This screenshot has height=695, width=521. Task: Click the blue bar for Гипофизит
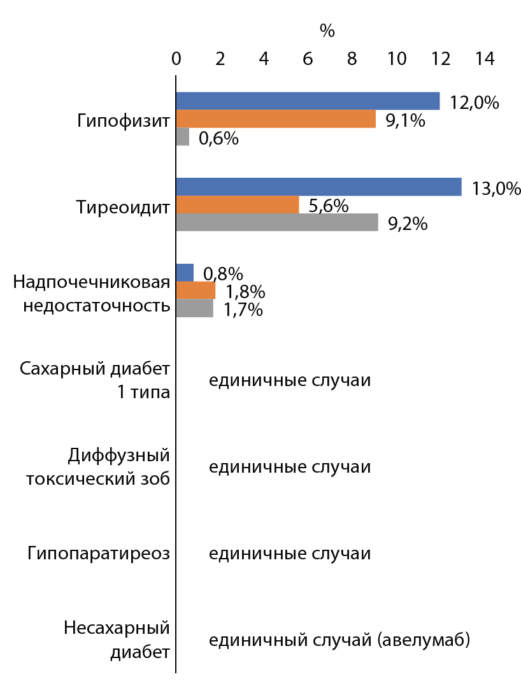[308, 101]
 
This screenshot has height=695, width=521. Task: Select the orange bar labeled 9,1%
[276, 119]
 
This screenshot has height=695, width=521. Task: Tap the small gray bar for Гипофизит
[183, 137]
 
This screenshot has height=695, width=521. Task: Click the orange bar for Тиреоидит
[238, 204]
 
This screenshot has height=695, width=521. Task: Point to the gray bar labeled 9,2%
[277, 222]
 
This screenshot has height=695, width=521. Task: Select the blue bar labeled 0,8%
[185, 273]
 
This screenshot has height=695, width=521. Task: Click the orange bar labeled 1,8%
[196, 290]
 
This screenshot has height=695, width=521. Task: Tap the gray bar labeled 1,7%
[194, 308]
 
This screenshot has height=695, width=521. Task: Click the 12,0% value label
[474, 103]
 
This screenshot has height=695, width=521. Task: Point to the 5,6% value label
[328, 206]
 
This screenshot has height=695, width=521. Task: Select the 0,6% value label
[218, 138]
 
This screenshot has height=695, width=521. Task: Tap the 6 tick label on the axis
[308, 59]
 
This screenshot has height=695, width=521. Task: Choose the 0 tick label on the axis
[176, 59]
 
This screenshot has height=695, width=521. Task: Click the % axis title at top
[327, 31]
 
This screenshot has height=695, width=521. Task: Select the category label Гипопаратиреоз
[99, 553]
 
